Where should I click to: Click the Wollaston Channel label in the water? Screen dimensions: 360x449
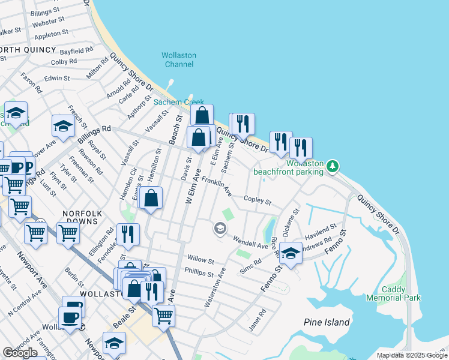(179, 59)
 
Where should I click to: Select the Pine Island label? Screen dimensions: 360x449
(327, 322)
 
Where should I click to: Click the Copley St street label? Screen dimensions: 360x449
(258, 200)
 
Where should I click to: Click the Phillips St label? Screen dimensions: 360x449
(200, 274)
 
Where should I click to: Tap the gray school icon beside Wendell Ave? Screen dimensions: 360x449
(220, 228)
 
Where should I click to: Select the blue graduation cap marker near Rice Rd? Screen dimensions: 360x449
(291, 252)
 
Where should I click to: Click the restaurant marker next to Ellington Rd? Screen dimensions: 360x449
(127, 234)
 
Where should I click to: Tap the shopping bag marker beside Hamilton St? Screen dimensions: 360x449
(152, 197)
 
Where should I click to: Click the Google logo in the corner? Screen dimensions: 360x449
(20, 353)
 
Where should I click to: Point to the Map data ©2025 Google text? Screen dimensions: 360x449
(412, 355)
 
